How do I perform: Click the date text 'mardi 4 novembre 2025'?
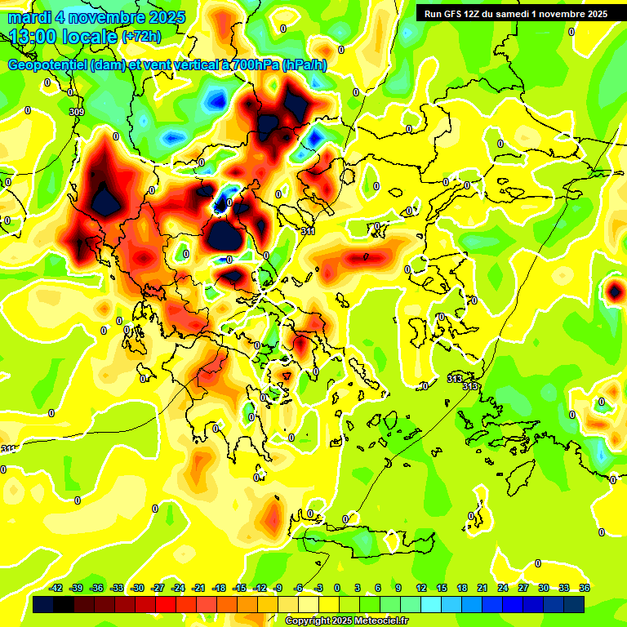(x=96, y=17)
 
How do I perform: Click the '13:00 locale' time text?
(x=64, y=36)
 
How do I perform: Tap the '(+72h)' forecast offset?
(x=142, y=37)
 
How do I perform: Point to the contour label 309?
(x=77, y=112)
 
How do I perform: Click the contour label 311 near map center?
(x=308, y=232)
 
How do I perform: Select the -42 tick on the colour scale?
(x=56, y=588)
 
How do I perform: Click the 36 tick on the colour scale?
(x=585, y=588)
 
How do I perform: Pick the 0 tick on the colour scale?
(x=337, y=588)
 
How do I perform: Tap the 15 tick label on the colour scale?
(x=441, y=588)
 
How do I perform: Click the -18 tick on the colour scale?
(x=219, y=588)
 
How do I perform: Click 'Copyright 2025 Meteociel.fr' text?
(x=346, y=620)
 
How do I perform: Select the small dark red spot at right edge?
(x=613, y=291)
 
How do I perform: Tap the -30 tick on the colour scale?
(x=138, y=588)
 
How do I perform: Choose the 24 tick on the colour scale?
(x=503, y=588)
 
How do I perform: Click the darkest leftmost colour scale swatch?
(x=44, y=604)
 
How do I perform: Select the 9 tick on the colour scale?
(x=398, y=588)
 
